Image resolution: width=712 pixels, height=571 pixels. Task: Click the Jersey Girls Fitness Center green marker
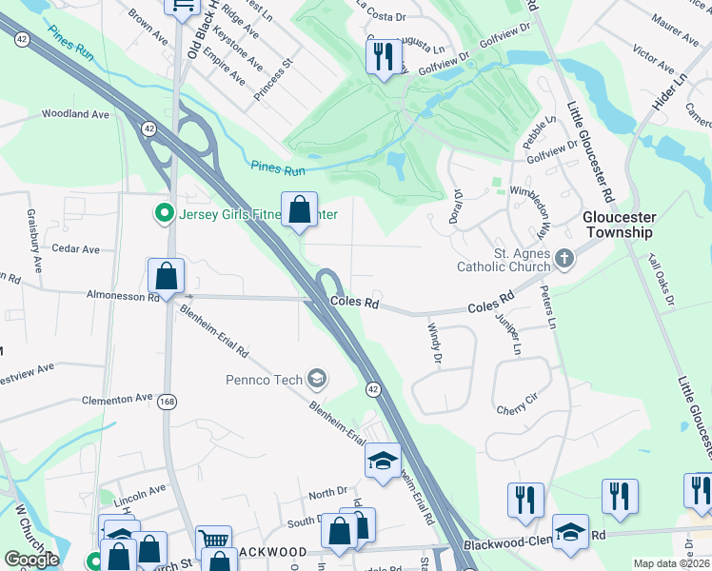pos(164,212)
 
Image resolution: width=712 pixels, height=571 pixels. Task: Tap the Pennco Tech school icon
pos(317,381)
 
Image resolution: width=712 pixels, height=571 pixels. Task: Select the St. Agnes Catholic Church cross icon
pos(564,259)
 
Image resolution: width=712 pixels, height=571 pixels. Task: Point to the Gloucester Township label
pos(618,225)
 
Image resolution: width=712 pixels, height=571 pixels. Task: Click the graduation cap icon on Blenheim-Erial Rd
pos(383,462)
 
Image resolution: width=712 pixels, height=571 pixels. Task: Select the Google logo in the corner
pos(31,560)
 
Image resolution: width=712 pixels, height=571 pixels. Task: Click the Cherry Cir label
pos(518,410)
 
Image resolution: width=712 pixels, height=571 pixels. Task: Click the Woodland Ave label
pos(75,114)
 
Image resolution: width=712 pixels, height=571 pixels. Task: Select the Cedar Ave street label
pos(76,249)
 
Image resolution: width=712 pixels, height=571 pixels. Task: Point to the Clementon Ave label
pos(117,399)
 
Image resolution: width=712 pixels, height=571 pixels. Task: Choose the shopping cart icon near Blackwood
pos(214,542)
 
